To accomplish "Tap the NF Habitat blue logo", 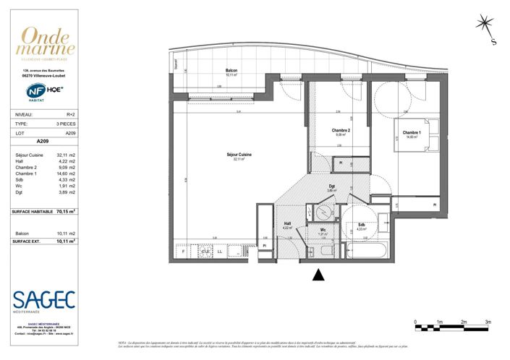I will (x=32, y=92).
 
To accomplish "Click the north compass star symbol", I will (x=483, y=25).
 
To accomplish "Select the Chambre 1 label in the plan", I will (x=412, y=133).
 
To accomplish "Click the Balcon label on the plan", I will (x=231, y=71).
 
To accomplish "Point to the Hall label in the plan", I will (x=286, y=223).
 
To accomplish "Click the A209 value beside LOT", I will (x=71, y=134).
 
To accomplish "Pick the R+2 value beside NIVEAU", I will (x=71, y=114).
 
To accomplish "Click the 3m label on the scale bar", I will (x=488, y=321).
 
